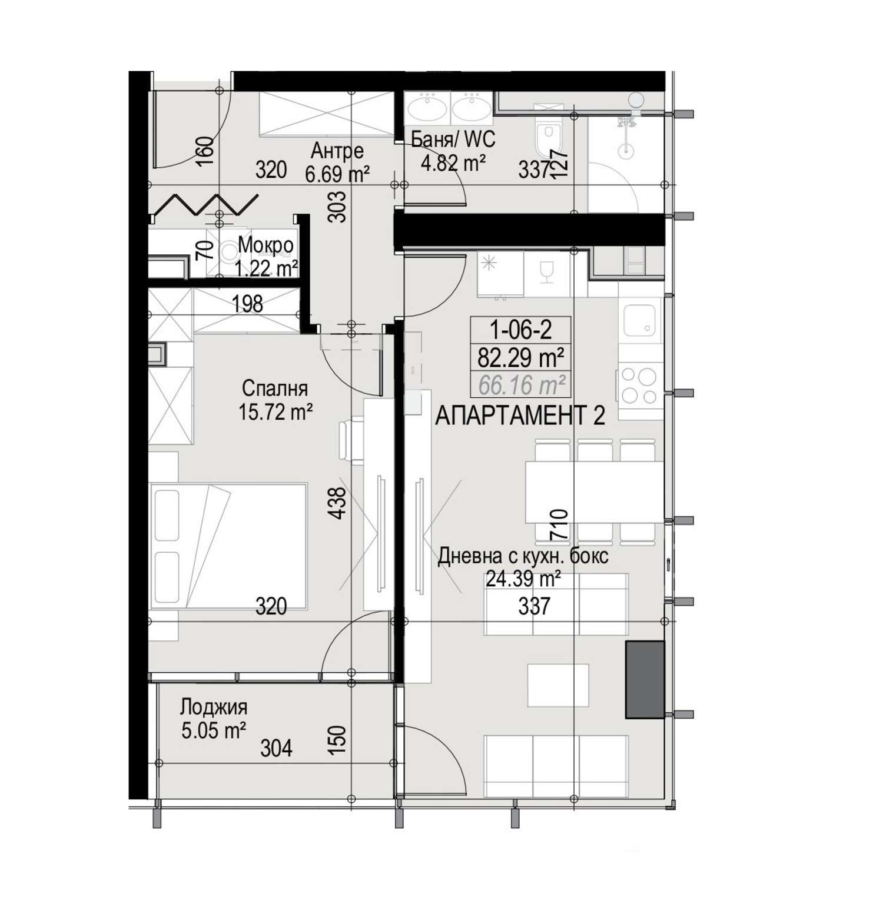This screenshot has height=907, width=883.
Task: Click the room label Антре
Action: coord(337,151)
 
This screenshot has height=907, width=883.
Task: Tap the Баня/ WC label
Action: coord(453,139)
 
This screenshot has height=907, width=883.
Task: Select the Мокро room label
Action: coord(265,245)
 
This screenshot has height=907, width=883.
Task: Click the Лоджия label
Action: coord(214,706)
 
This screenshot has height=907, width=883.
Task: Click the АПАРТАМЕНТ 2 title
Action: coord(520,416)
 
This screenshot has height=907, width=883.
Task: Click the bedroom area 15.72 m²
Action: coord(275,412)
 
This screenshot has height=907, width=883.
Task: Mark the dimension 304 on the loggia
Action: coord(276,748)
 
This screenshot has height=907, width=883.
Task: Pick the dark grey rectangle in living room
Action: coord(645,680)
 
